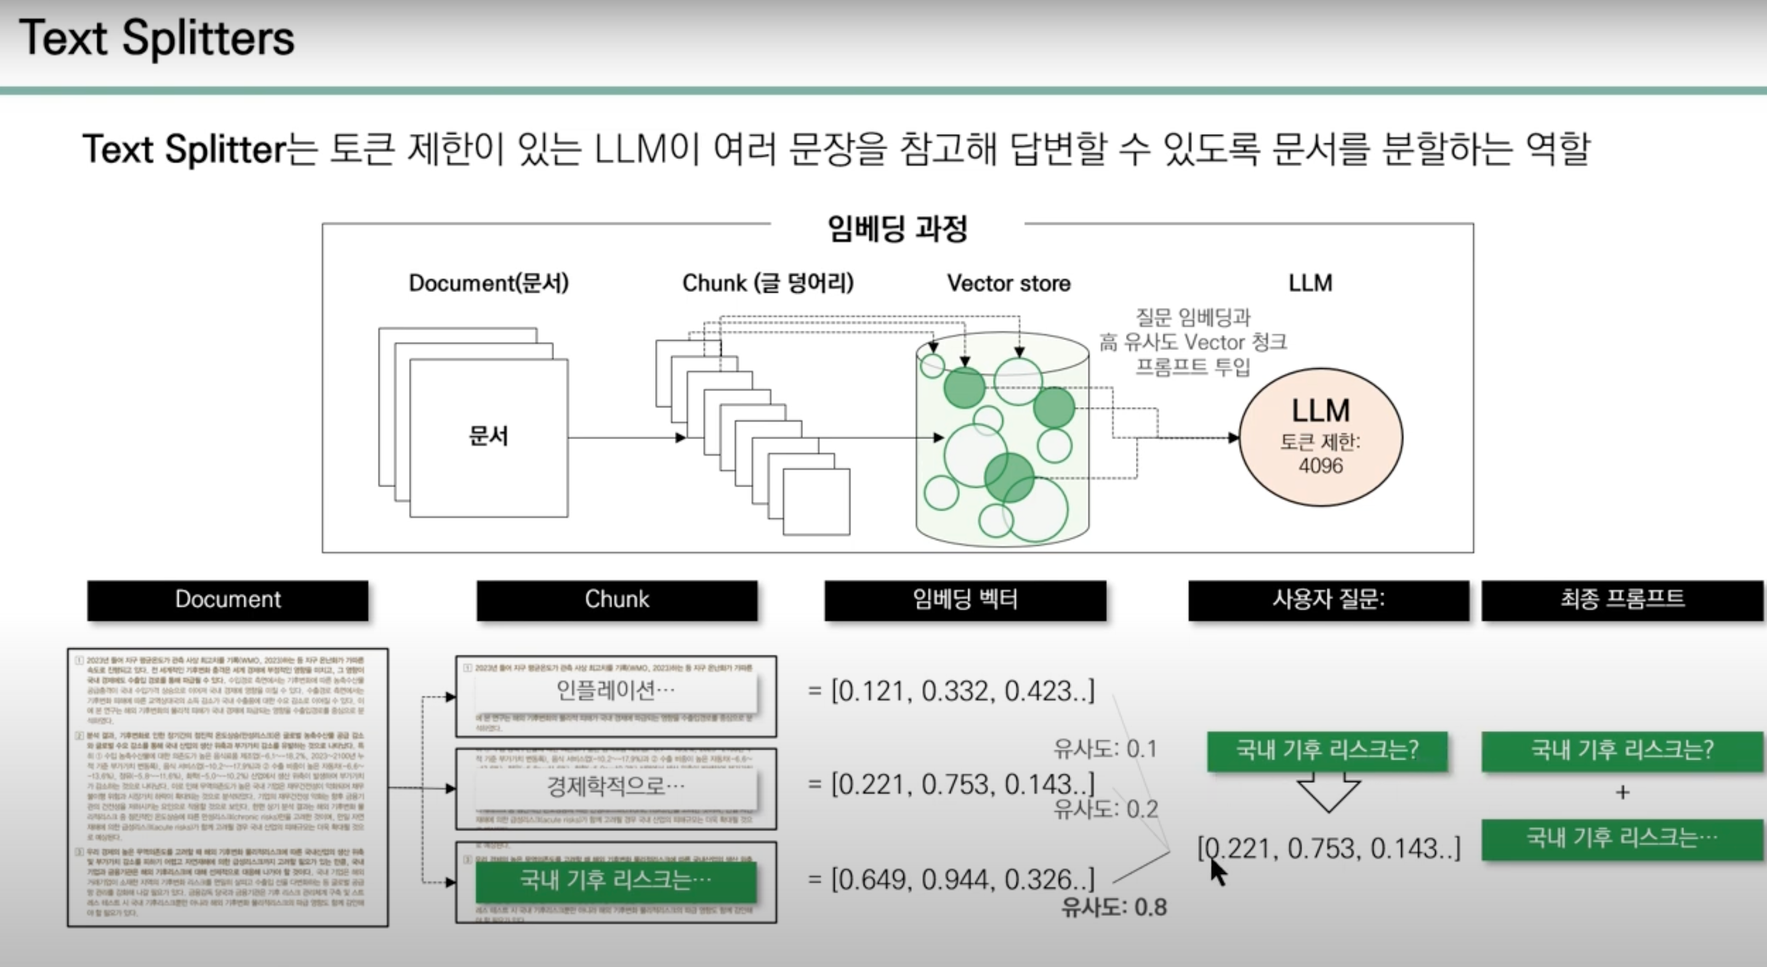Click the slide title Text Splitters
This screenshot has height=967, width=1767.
(156, 38)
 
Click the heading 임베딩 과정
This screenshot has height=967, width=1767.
(897, 229)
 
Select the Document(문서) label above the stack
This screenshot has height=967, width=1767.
(488, 283)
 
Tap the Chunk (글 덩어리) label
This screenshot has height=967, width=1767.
(768, 283)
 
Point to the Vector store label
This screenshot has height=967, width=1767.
(1008, 283)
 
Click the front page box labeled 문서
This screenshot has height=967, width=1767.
(488, 437)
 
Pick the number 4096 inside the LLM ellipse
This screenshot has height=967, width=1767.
(1321, 466)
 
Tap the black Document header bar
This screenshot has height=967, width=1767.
(228, 600)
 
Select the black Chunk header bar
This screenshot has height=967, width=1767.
(617, 600)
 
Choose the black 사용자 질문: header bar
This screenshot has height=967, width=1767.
(1329, 600)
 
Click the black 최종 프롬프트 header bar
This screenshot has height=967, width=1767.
(1622, 600)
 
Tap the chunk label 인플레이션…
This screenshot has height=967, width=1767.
(615, 690)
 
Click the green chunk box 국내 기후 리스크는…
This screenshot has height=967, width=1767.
(615, 881)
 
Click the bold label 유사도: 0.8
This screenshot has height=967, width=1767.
(1114, 907)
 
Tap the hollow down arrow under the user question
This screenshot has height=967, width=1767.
(1329, 791)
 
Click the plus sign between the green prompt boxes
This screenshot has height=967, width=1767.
(1622, 793)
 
